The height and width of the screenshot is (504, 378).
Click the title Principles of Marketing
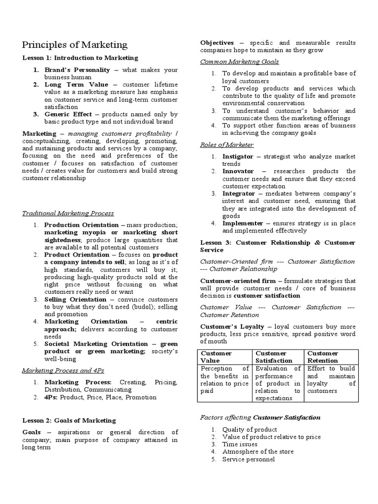[75, 45]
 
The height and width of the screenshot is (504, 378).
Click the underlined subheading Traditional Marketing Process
[68, 213]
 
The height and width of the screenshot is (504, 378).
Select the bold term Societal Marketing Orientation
[96, 344]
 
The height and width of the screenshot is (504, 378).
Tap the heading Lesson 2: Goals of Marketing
[69, 420]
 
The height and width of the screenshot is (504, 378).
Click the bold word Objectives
[217, 43]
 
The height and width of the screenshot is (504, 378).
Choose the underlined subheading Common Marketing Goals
[239, 62]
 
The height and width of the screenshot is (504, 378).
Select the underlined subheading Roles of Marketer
[227, 145]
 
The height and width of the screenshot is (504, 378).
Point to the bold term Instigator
[238, 156]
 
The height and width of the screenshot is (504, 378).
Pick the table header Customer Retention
[323, 357]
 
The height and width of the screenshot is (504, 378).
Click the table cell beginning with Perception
[224, 379]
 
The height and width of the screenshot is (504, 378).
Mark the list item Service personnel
[249, 459]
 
